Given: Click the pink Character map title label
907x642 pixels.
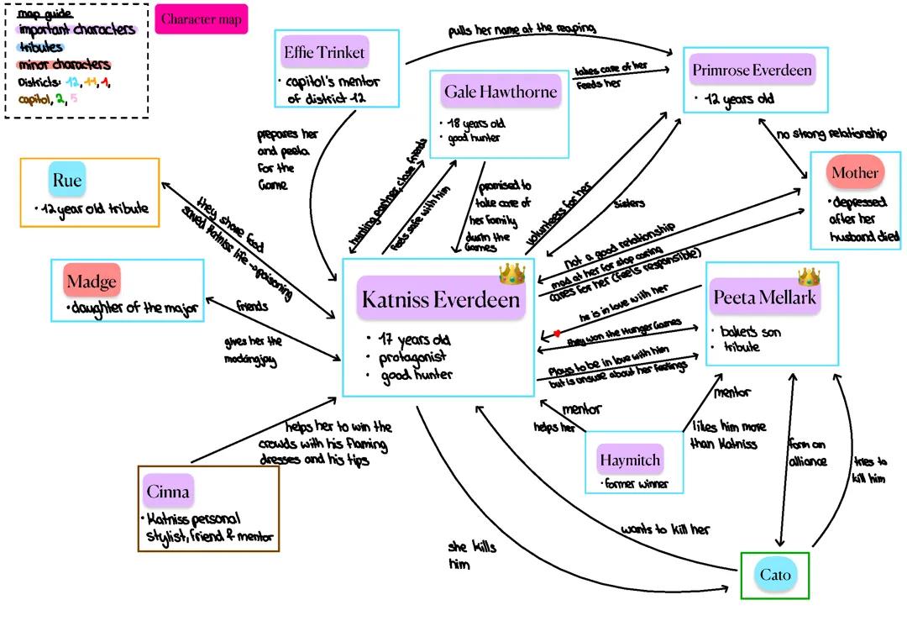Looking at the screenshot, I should point(202,19).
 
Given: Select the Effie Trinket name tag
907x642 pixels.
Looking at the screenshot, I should point(324,53).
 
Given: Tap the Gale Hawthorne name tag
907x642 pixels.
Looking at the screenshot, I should point(501,92).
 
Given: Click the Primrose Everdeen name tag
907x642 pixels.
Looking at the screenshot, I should point(752,70).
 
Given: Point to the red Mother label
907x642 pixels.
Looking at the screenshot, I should point(854,173).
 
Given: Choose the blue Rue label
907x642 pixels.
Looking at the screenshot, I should point(67,180).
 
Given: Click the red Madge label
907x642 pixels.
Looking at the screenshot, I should point(92,280).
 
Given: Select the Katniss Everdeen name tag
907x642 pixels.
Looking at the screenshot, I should point(441,299).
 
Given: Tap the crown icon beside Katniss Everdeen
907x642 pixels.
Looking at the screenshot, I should point(511,274).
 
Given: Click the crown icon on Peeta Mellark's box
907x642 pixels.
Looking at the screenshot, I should point(809,276).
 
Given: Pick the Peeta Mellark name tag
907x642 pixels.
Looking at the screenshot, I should point(763,297).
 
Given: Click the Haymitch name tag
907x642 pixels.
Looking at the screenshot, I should point(630,460).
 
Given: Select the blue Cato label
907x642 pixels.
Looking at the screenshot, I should point(774,576).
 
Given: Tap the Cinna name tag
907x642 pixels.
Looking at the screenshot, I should point(168,492).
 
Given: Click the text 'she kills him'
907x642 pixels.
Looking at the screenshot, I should point(472,556).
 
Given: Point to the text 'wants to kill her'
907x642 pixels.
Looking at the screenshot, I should point(665,529).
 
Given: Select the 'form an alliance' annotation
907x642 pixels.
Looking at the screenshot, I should point(806,452).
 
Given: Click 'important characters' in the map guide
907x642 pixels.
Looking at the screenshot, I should point(76,29).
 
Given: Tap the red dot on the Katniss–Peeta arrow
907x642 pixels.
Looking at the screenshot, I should point(555,334).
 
